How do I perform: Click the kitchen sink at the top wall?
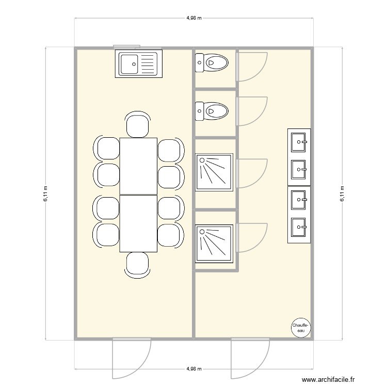coord(138,64)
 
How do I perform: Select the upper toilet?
coord(212,64)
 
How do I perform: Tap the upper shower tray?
coord(214,172)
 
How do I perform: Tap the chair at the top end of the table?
coord(138,125)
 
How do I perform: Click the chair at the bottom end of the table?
coord(138,264)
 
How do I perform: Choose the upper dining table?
coord(138,166)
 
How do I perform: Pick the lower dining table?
coord(138,223)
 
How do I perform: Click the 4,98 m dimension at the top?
coord(193,18)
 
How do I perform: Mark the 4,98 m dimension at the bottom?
coord(193,369)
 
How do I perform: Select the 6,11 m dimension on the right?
coord(342,193)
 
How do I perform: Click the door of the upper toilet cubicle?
coord(252,66)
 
